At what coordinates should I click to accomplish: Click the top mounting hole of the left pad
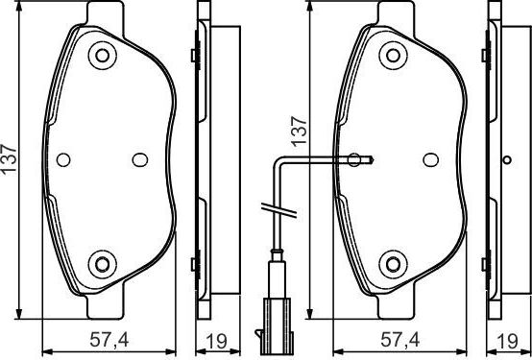pyautogui.click(x=102, y=56)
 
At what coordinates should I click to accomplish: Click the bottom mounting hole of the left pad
pyautogui.click(x=102, y=263)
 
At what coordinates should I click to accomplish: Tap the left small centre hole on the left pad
pyautogui.click(x=63, y=160)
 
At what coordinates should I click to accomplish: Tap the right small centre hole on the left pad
pyautogui.click(x=139, y=160)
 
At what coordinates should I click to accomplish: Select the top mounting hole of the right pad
pyautogui.click(x=392, y=56)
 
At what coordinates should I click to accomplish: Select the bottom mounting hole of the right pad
pyautogui.click(x=392, y=263)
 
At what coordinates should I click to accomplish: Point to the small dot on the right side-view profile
pyautogui.click(x=507, y=159)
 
